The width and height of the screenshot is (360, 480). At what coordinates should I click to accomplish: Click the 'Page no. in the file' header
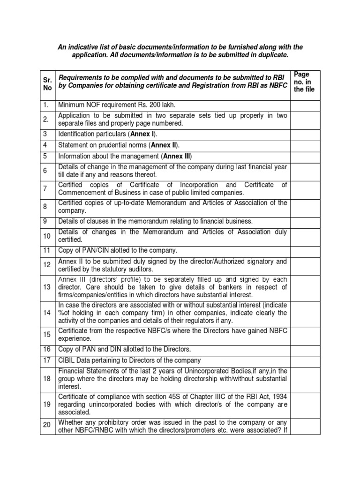click(304, 82)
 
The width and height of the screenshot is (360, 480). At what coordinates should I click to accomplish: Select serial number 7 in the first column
click(45, 188)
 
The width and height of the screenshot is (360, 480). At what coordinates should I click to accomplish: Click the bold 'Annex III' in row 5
click(176, 156)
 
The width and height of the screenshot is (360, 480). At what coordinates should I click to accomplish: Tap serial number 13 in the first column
click(46, 287)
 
